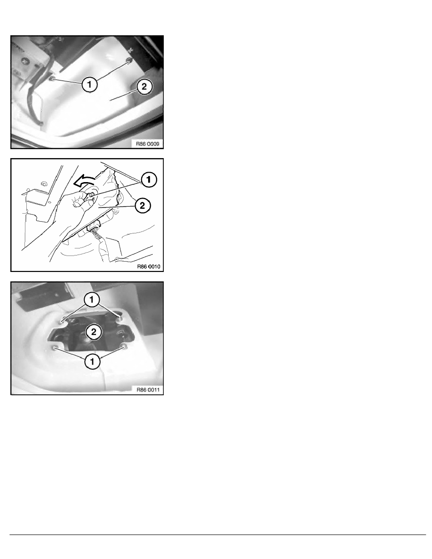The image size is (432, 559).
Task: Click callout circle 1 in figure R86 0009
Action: coord(89,84)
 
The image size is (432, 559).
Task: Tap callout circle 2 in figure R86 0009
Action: coord(144,86)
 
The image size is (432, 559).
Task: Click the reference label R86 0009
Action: coord(148,144)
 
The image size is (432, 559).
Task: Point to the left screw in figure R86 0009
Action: coord(52,79)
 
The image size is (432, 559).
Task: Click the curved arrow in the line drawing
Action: coord(85,182)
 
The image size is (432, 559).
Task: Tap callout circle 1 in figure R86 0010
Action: coord(149,179)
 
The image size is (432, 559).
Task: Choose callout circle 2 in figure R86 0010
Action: coord(142,205)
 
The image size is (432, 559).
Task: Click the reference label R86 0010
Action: coord(149,267)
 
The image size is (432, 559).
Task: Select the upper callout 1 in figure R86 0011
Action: coord(92,300)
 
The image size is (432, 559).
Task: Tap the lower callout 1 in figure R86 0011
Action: coord(92,361)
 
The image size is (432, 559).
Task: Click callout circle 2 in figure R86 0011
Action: coord(94,332)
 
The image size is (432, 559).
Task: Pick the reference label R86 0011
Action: coord(148,390)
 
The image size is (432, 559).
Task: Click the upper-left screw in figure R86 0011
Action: coord(63,320)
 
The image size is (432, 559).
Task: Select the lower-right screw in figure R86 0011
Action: coord(124,346)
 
